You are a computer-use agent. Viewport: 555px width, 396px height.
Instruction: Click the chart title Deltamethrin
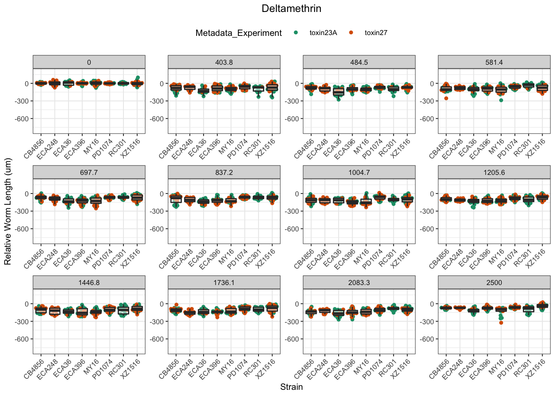tap(291, 9)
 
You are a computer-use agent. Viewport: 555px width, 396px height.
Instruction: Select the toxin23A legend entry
tap(323, 33)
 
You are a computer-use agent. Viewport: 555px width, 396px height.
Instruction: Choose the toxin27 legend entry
tap(376, 33)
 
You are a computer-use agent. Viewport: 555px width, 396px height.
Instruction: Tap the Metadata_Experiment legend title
tap(239, 33)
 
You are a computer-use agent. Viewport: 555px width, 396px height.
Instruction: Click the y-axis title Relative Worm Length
tap(8, 212)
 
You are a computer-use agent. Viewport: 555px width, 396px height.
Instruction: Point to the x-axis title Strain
tap(291, 387)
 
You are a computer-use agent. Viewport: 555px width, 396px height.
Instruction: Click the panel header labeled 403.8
tap(224, 62)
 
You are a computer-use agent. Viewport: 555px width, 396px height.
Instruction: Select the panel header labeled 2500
tap(494, 283)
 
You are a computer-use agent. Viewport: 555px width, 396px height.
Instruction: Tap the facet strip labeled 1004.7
tap(359, 172)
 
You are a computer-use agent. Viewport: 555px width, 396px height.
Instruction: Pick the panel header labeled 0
tap(89, 62)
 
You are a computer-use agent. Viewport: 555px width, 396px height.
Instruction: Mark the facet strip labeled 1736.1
tap(224, 283)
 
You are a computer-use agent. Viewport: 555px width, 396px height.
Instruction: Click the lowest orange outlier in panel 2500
tap(501, 323)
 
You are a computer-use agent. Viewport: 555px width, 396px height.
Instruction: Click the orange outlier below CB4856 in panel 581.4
tap(446, 98)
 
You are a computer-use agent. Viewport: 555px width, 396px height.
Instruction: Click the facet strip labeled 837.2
tap(224, 172)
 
